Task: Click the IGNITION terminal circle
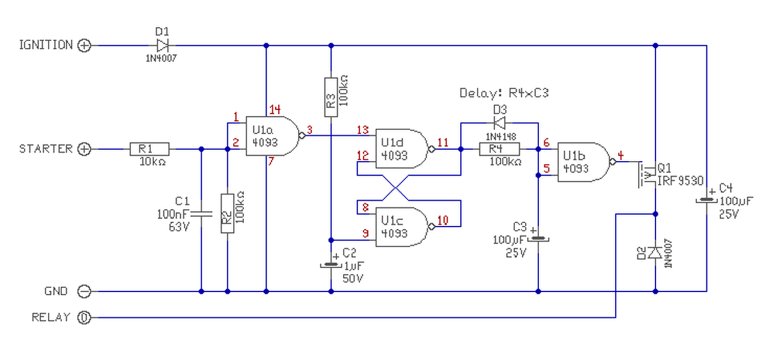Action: [85, 45]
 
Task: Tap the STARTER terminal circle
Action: [85, 149]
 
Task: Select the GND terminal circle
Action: [85, 291]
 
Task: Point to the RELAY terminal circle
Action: [85, 317]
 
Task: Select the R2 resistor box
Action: [227, 213]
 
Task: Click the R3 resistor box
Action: [330, 96]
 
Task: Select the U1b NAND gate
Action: [583, 162]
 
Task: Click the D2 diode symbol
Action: [655, 252]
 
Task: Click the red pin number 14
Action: [275, 109]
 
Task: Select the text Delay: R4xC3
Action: [504, 93]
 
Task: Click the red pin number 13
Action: [362, 130]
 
